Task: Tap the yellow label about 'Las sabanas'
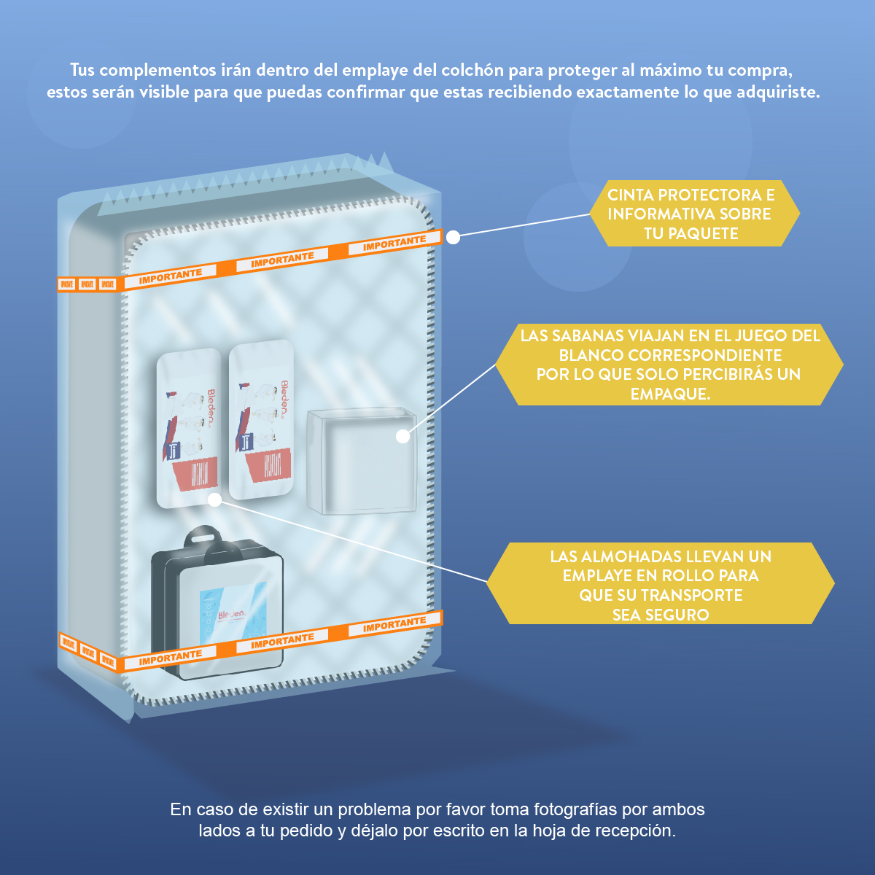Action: point(669,365)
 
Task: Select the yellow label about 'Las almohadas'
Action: point(660,584)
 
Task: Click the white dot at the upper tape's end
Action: point(453,237)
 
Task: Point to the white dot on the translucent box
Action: point(402,436)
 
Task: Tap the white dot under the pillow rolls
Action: point(214,499)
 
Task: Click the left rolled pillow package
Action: point(190,429)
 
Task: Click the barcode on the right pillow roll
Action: point(272,464)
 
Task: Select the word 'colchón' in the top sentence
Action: point(472,71)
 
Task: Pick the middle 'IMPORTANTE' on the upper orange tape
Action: point(282,260)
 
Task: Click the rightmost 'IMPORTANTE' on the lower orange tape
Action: point(394,625)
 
